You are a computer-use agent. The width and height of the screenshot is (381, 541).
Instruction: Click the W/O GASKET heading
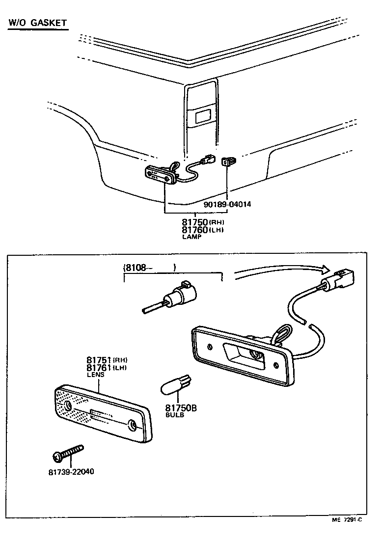tap(37, 23)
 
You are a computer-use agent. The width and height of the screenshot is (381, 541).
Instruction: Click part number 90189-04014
tap(227, 204)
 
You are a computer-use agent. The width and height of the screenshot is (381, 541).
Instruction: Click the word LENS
tap(95, 375)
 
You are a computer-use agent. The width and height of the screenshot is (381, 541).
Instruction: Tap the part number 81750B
tap(181, 407)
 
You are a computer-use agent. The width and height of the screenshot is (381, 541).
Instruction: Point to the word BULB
tap(174, 415)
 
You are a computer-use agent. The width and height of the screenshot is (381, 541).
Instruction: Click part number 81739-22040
tap(71, 472)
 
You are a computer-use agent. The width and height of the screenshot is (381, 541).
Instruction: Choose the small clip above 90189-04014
tap(227, 161)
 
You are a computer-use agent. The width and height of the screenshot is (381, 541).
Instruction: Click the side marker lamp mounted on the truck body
tap(160, 174)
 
